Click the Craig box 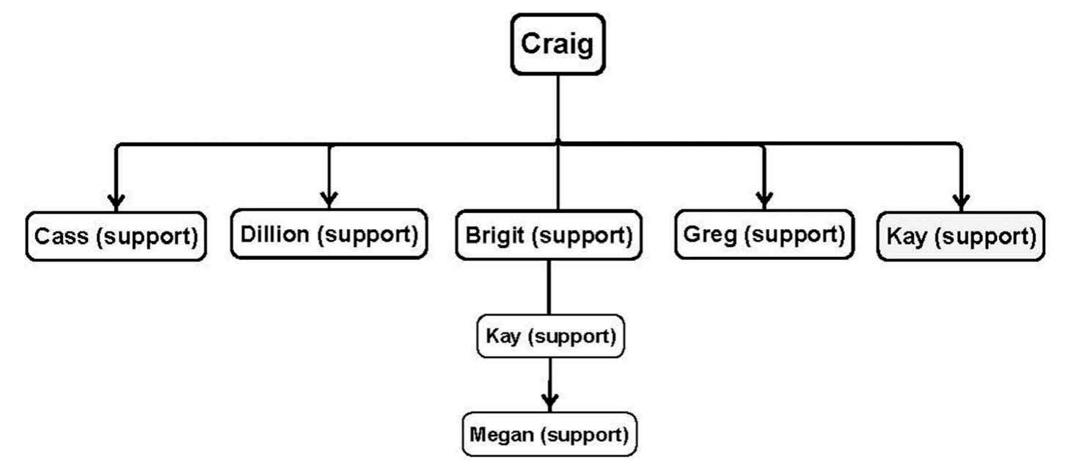coord(558,44)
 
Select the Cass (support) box coord(116,237)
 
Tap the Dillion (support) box coord(329,234)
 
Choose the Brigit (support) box coord(549,235)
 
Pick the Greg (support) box coord(764,234)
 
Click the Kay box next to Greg coord(960,237)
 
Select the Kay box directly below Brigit coord(550,336)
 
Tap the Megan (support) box coord(549,434)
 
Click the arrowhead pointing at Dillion coord(329,199)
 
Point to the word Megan coord(502,434)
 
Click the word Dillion coord(276,234)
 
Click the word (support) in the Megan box coord(585,434)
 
